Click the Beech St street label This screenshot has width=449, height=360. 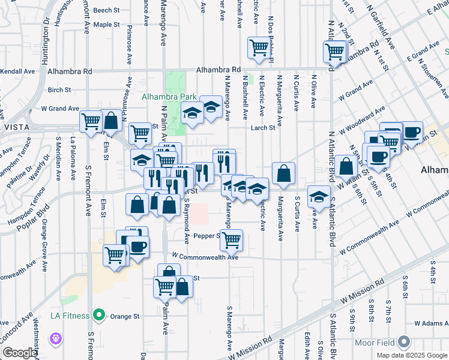pos(106,10)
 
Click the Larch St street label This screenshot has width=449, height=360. pos(263,127)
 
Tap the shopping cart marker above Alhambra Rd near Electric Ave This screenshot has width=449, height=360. pos(259,47)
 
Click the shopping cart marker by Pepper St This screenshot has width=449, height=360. pos(231,240)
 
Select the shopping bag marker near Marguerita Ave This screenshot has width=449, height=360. pos(283,173)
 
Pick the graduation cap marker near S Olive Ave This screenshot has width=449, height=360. pos(319,196)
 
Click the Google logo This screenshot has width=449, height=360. pos(19,353)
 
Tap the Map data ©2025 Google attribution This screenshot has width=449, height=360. pos(411,355)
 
